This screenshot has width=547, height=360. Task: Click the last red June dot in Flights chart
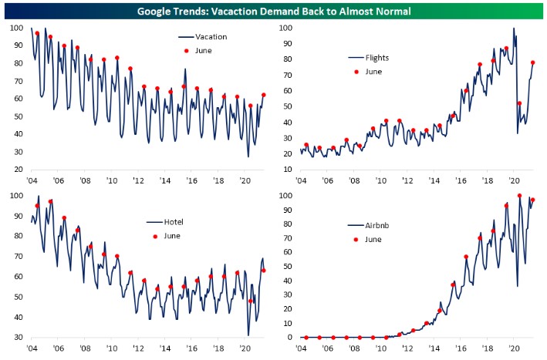(x=532, y=62)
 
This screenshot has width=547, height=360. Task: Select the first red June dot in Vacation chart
(x=37, y=33)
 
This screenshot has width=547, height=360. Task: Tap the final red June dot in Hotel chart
(x=264, y=270)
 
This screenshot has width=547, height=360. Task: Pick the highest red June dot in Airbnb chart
(x=519, y=196)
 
